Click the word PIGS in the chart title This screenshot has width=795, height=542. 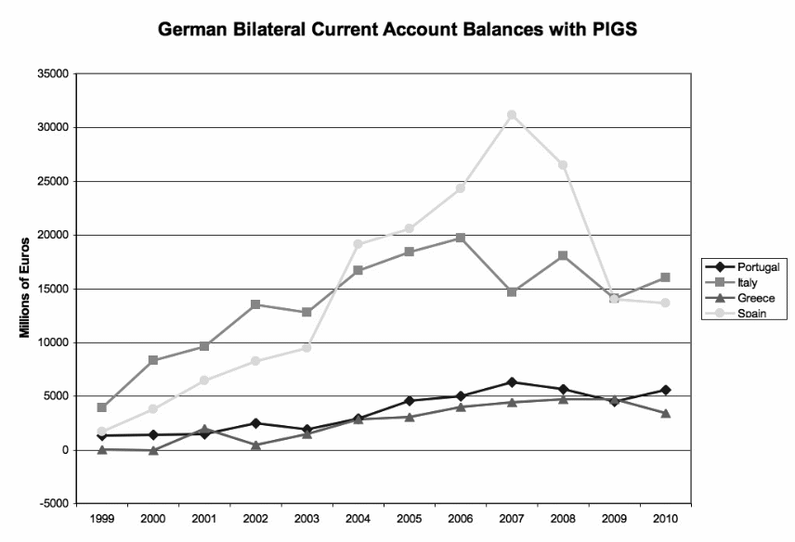(607, 31)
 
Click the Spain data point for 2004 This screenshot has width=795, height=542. (358, 244)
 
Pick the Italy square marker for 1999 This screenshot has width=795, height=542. (102, 407)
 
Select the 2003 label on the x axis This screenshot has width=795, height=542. (306, 518)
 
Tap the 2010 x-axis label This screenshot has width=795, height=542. (666, 518)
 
